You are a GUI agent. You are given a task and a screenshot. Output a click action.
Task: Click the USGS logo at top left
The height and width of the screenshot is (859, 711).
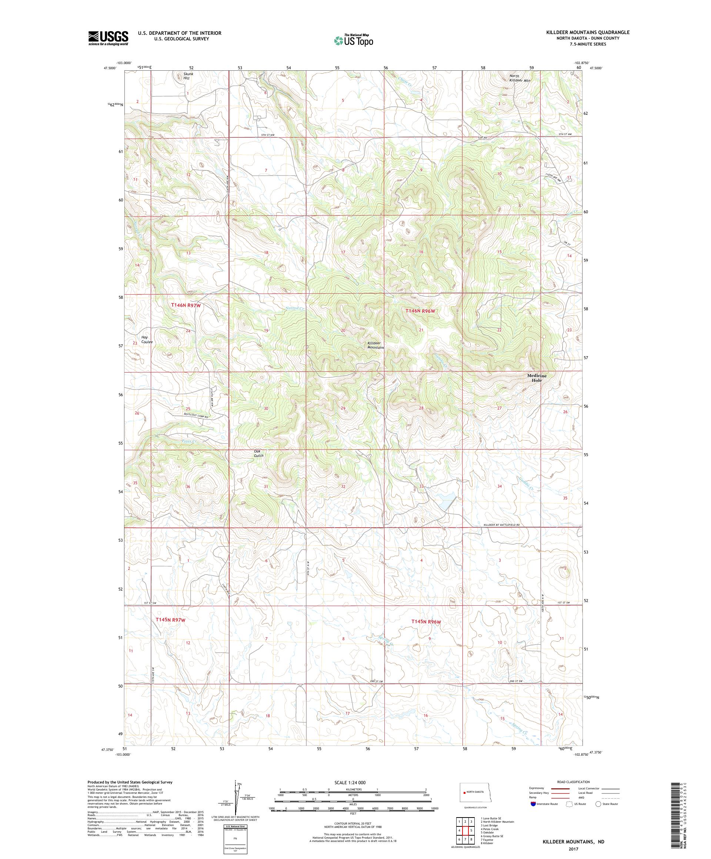tap(109, 39)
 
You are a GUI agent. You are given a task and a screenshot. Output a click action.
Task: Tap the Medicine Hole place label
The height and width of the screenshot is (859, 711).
tap(536, 378)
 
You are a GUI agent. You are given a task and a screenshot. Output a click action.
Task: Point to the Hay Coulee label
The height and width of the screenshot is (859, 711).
tap(146, 340)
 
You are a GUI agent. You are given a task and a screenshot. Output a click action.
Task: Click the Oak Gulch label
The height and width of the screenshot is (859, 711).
tap(258, 453)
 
